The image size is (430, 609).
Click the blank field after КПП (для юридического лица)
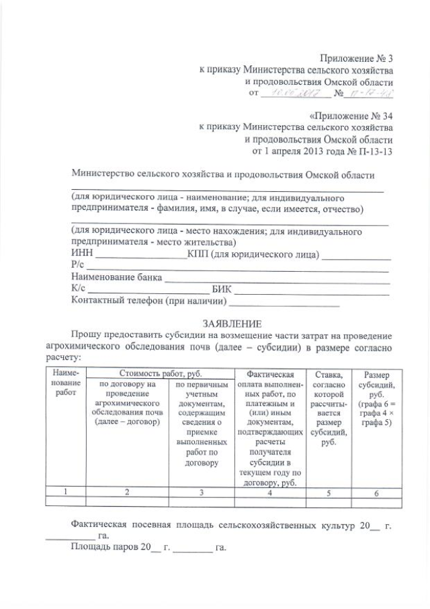(x=356, y=255)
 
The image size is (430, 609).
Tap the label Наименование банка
(x=117, y=277)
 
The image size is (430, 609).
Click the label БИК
(x=222, y=289)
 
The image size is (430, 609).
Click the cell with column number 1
(x=64, y=492)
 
